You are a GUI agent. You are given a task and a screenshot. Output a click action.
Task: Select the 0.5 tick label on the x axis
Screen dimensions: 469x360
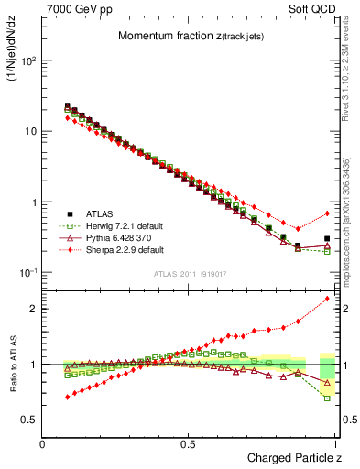188,443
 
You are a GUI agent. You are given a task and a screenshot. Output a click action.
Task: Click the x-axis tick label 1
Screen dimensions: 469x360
335,443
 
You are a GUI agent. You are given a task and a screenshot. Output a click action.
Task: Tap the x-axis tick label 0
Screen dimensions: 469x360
43,443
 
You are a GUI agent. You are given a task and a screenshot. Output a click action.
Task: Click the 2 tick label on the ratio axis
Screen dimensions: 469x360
32,309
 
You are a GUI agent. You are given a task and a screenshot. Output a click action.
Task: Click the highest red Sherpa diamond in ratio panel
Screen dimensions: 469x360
327,299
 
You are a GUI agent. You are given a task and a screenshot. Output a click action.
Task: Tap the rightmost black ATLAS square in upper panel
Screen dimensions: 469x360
327,238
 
